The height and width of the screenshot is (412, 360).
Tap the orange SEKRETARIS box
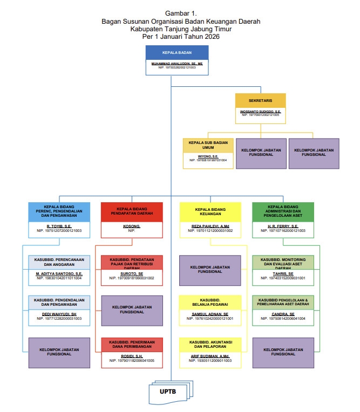tap(260, 101)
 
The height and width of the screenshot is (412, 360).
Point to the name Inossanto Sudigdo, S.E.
tap(260, 112)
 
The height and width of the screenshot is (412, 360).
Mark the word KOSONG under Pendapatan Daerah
tap(132, 226)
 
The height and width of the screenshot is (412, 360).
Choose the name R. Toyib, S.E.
tap(59, 226)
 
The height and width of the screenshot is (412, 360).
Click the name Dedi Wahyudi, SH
tap(59, 314)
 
